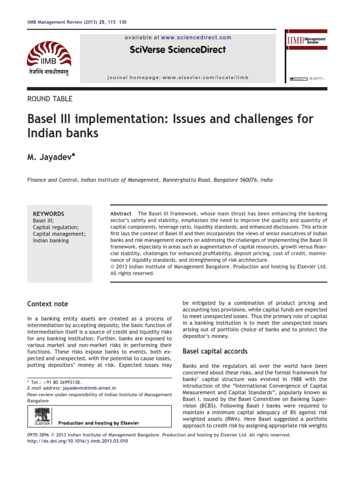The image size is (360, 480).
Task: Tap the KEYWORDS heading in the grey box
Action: tap(48, 213)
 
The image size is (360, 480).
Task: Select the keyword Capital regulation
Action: tap(56, 227)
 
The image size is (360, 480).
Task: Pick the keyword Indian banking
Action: tap(51, 240)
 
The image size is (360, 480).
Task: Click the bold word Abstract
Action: tap(121, 213)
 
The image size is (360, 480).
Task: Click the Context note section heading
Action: tap(47, 304)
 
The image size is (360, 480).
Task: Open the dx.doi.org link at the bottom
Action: tap(78, 441)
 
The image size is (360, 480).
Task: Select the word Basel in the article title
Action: tap(44, 119)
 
